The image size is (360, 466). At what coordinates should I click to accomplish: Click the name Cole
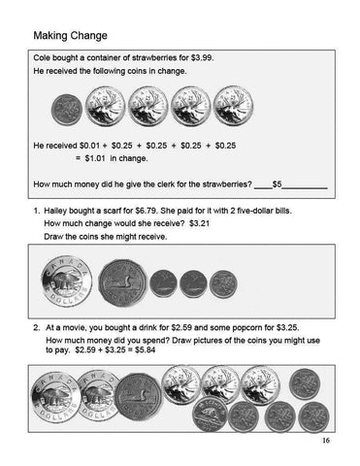click(43, 58)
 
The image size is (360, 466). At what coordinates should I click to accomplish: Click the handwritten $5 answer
click(278, 183)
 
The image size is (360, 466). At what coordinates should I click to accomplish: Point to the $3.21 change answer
click(200, 224)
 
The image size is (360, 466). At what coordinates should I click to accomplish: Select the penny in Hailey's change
click(223, 283)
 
